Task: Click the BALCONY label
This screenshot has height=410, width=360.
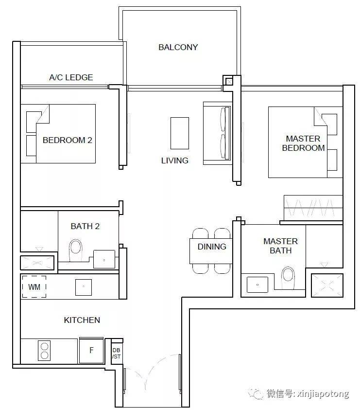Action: [178, 47]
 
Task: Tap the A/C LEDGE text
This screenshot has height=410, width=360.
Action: [71, 77]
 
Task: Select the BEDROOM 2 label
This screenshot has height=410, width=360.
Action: [68, 140]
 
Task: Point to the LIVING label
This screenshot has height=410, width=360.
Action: [174, 160]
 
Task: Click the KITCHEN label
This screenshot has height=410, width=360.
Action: [82, 320]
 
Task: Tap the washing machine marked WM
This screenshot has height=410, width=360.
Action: [34, 287]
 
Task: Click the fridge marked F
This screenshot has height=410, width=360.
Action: [91, 350]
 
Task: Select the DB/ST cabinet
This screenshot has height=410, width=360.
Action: [117, 353]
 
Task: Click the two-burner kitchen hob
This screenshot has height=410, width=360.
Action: [44, 351]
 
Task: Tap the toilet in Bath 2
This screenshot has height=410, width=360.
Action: [76, 250]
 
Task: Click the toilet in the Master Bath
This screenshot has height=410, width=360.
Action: [288, 278]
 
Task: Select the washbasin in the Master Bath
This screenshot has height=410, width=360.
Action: [257, 285]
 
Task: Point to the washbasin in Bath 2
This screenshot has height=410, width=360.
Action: [104, 259]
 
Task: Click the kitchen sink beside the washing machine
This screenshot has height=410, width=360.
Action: [84, 287]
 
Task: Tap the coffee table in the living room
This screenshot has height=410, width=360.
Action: [180, 133]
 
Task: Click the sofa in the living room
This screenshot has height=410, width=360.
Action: [218, 133]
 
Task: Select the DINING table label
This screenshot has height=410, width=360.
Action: [212, 247]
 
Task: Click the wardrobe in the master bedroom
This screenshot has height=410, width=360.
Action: [313, 208]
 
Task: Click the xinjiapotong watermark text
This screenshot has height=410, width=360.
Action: [323, 394]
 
